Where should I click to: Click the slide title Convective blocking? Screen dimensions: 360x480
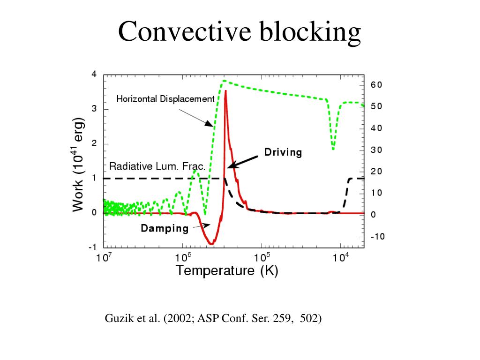click(240, 32)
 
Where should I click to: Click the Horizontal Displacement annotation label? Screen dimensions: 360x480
click(165, 99)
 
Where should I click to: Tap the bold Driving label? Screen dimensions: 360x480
click(283, 152)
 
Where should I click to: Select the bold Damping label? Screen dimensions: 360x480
click(165, 229)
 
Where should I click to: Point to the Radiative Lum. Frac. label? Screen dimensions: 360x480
click(157, 166)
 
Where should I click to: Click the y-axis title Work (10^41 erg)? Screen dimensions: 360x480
click(79, 165)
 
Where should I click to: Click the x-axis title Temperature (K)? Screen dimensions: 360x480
click(227, 270)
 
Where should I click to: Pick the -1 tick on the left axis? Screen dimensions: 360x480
click(93, 247)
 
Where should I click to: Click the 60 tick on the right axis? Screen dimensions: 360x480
click(376, 85)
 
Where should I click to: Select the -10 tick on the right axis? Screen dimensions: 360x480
click(377, 237)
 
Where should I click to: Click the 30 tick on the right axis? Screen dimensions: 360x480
click(376, 150)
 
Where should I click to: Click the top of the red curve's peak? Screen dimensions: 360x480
click(225, 91)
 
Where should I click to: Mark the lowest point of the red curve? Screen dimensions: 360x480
click(211, 244)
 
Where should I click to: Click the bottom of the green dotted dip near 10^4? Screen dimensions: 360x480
click(333, 149)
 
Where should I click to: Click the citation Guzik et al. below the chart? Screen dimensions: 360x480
click(213, 319)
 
